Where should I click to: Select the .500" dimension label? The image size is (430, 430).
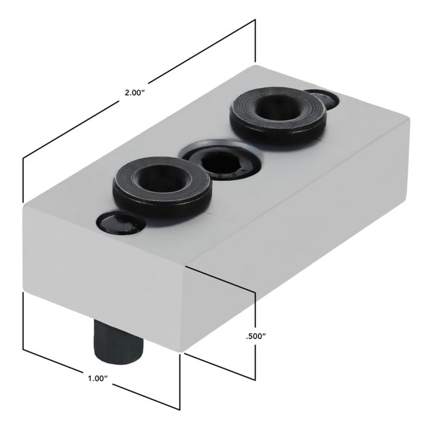pos(255,336)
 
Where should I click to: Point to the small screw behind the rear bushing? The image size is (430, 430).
pos(321,98)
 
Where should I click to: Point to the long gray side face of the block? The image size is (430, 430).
pos(307,233)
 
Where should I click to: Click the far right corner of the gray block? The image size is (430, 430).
pos(408,123)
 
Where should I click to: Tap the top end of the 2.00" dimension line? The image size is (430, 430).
pos(254,20)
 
